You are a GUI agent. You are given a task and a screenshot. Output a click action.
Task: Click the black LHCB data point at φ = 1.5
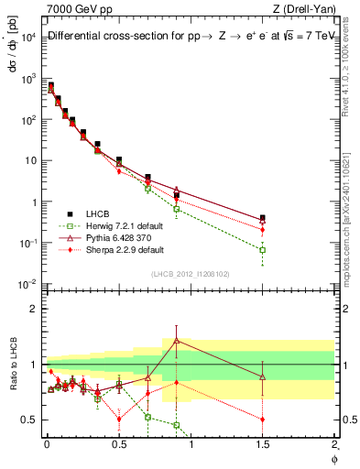click(263, 218)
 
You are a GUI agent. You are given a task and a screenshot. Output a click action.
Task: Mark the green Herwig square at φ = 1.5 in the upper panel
click(263, 249)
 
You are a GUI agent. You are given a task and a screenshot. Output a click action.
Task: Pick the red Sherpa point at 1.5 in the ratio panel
click(263, 420)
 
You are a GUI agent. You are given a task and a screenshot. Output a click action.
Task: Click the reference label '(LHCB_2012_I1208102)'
click(191, 274)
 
